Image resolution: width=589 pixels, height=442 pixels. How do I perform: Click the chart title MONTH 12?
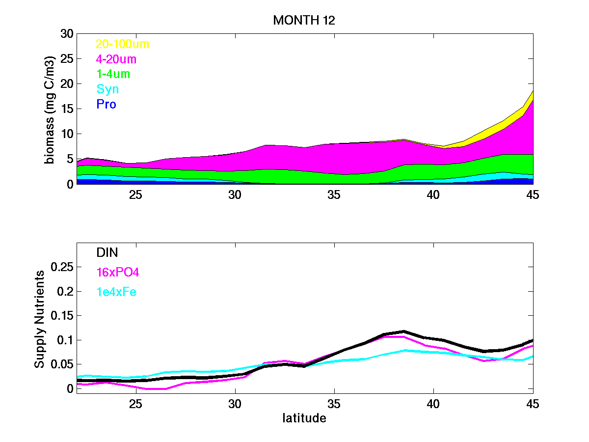tap(304, 20)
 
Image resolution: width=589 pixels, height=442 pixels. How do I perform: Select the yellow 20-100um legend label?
tap(122, 44)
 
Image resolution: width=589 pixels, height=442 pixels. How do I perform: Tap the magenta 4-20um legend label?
tap(116, 59)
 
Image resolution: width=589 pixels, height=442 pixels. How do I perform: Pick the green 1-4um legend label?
tap(113, 74)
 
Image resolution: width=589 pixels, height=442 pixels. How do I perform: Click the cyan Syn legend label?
tap(107, 89)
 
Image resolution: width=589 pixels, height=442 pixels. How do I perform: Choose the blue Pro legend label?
tap(106, 104)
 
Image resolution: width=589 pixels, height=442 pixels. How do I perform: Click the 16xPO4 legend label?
tap(114, 272)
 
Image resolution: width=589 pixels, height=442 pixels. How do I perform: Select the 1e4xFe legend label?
tap(116, 292)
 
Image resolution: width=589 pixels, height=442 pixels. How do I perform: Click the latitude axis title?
tap(304, 418)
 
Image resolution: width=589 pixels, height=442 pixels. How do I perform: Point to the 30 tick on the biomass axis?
tap(66, 34)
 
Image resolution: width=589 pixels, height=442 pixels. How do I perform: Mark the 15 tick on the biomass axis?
tap(66, 109)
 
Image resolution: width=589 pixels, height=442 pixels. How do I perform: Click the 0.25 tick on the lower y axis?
tap(62, 267)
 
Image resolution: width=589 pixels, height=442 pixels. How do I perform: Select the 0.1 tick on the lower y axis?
tap(66, 340)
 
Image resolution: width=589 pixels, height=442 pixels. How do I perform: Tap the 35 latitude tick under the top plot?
tap(334, 194)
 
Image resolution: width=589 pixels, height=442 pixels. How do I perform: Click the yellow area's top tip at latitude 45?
tap(533, 91)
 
